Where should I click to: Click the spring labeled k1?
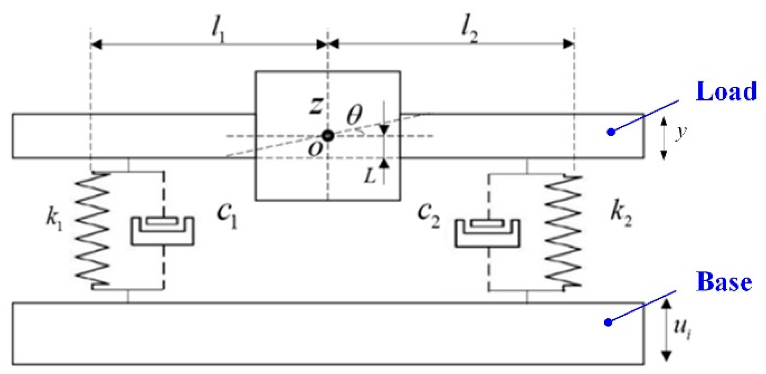93,229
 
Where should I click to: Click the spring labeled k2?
563,231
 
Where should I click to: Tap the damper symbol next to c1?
163,231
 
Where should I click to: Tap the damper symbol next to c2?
487,233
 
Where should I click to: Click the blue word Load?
726,92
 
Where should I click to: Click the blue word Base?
724,282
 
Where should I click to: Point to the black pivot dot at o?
328,136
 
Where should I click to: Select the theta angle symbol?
354,115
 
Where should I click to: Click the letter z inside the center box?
316,105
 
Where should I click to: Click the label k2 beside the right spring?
621,214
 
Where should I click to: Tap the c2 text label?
428,215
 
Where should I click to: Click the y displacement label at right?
680,132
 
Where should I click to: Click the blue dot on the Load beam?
611,132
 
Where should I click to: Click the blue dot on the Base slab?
608,322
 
